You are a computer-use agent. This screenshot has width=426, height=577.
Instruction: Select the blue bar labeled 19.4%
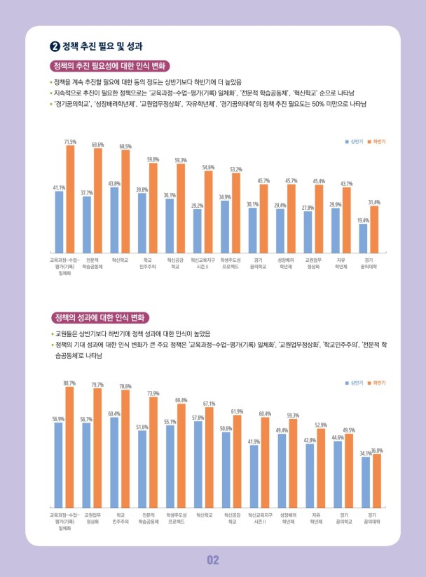pyautogui.click(x=363, y=238)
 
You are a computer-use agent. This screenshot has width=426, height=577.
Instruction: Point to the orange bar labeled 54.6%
pyautogui.click(x=208, y=211)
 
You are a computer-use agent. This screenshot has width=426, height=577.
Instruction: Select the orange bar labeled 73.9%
pyautogui.click(x=153, y=452)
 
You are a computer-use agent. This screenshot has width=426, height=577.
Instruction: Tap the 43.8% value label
pyautogui.click(x=114, y=183)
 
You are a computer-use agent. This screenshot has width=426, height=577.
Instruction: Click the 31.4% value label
pyautogui.click(x=374, y=202)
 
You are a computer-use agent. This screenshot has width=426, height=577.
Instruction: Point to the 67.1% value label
pyautogui.click(x=209, y=404)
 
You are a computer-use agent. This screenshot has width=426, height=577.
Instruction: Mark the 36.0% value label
pyautogui.click(x=377, y=450)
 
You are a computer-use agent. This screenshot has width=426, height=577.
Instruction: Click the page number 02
pyautogui.click(x=213, y=559)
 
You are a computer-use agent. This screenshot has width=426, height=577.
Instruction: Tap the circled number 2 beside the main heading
pyautogui.click(x=55, y=47)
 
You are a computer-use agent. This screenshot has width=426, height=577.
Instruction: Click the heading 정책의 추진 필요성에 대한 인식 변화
pyautogui.click(x=109, y=67)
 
